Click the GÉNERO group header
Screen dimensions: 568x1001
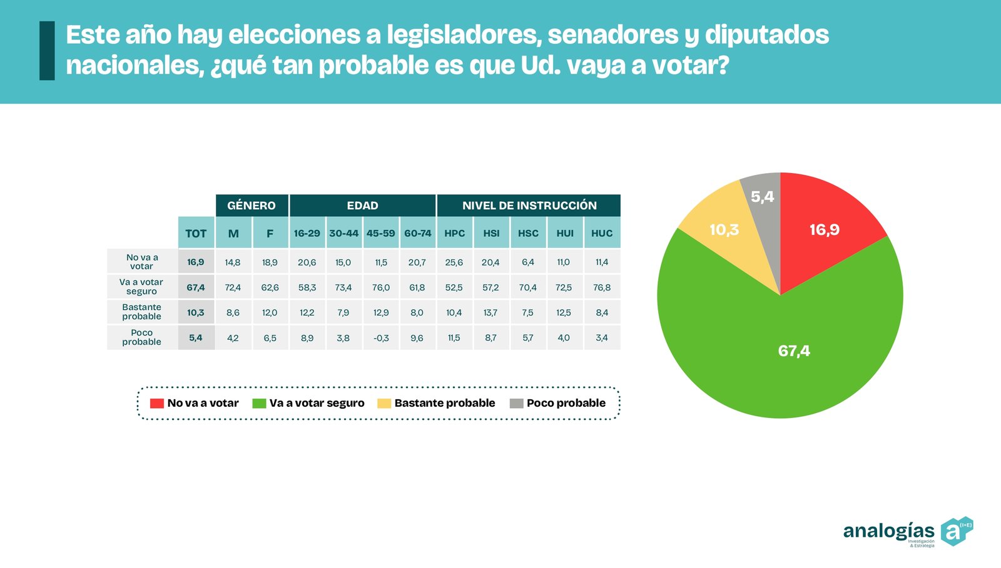tap(252, 206)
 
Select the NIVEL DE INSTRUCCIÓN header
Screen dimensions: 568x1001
tap(529, 206)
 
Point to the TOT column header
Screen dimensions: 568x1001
tap(196, 233)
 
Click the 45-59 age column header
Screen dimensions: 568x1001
tap(380, 233)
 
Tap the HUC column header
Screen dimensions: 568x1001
tap(602, 233)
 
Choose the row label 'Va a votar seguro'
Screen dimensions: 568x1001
tap(141, 287)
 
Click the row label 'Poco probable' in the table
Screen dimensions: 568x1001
tap(141, 337)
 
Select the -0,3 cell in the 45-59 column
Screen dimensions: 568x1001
tap(380, 338)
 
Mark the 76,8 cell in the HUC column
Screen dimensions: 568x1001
tap(602, 287)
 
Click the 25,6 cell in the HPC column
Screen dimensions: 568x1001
tap(454, 262)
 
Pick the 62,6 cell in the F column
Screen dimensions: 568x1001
tap(270, 287)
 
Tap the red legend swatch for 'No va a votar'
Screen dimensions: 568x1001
tap(156, 404)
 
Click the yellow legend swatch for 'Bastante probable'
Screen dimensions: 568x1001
tap(384, 404)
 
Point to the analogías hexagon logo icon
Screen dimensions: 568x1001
tap(957, 531)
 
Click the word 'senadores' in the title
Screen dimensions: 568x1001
tap(612, 35)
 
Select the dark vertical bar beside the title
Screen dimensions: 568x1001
tap(47, 51)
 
